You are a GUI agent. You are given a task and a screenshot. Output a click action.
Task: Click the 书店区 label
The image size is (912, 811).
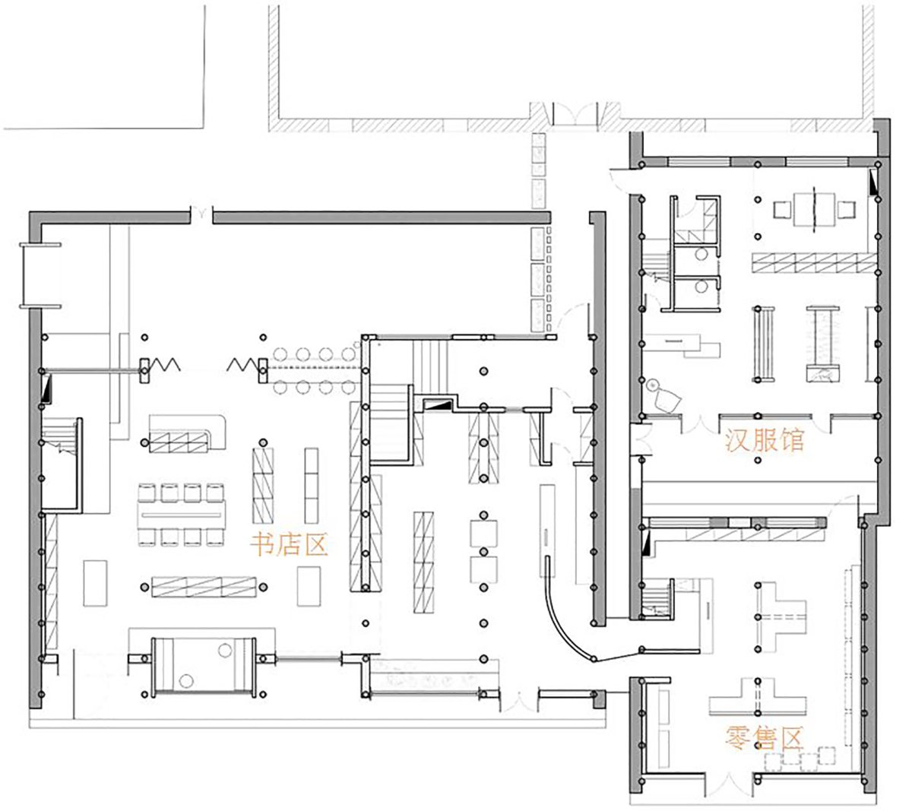coord(289,545)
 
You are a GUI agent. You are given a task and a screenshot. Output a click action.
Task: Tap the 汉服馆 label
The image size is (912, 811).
coord(764,440)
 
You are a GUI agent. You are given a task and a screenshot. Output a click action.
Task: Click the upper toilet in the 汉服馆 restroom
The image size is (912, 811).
coord(701,255)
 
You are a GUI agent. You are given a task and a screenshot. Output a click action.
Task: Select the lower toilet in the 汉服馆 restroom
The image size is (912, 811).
coord(701,286)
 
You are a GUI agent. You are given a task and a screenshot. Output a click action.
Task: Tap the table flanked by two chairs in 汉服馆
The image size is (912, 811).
coord(814,209)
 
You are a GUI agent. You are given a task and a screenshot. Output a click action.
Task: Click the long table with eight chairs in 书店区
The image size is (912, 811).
coord(181,515)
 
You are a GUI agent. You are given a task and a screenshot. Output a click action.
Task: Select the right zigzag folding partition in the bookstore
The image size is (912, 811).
coord(242,365)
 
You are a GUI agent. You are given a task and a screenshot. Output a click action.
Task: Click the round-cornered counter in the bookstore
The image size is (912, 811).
coord(187,433)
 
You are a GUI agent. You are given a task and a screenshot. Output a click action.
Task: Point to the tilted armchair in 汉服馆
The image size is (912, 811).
coord(667,400)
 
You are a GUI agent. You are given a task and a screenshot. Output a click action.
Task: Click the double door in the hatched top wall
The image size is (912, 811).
coord(575,114)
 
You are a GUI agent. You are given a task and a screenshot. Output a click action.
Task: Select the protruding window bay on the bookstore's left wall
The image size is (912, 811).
coord(40,276)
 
